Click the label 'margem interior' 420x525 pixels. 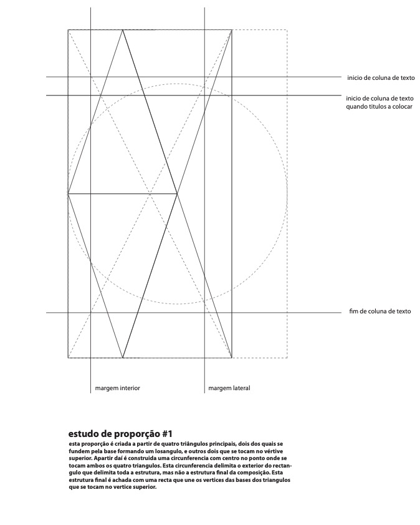coord(117,388)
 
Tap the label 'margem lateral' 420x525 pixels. coord(229,388)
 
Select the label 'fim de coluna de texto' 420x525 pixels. coord(379,312)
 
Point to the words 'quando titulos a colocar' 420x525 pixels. coord(379,107)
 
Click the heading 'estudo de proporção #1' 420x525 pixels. coord(120,433)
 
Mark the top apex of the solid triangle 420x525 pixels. coord(123,29)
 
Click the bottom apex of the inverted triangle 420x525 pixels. coord(123,358)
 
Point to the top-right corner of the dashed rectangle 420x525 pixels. coord(287,29)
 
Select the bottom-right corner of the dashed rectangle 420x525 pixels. coord(287,358)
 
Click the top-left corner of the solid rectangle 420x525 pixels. coord(69,29)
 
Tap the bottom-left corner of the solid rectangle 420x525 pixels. coord(69,358)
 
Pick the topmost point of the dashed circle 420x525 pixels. coord(178,84)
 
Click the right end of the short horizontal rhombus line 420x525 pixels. coord(178,194)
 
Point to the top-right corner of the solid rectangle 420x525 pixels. coord(232,29)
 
